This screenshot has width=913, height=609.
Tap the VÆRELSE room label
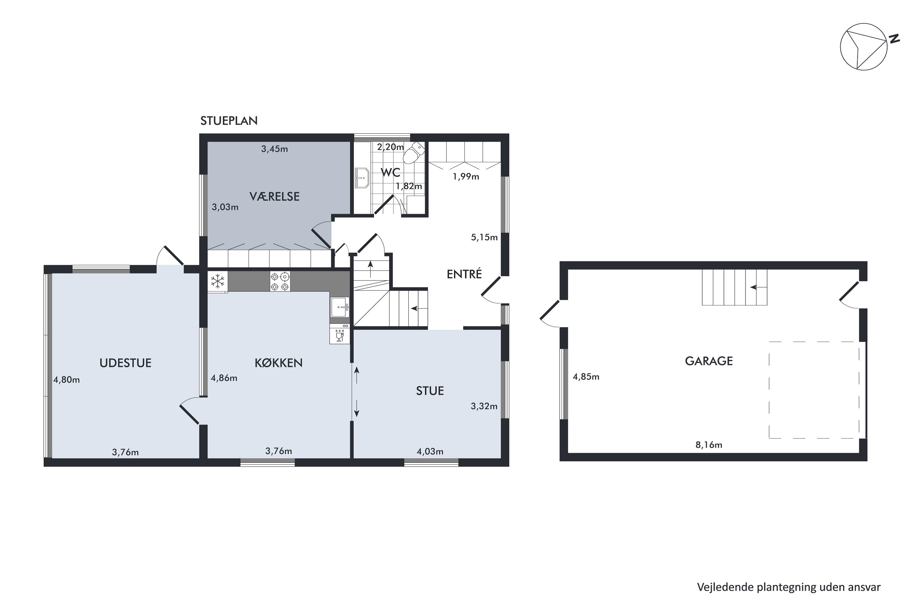point(275,196)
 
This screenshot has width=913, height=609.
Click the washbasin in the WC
point(362,178)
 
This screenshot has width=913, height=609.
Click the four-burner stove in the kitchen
point(280,281)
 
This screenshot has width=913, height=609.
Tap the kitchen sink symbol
point(340,307)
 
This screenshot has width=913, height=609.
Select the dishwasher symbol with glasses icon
point(340,334)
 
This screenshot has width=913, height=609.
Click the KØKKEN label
point(278,363)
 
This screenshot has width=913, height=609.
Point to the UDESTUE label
point(125,363)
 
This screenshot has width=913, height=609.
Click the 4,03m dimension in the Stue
point(430,451)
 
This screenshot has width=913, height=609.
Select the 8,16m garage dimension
point(709,445)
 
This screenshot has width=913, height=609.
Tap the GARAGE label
point(709,361)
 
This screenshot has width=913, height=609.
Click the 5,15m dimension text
point(484,237)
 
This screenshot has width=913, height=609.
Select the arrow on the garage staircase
point(758,287)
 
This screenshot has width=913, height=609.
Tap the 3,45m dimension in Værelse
point(275,149)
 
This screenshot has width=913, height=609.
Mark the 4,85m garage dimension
point(586,376)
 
